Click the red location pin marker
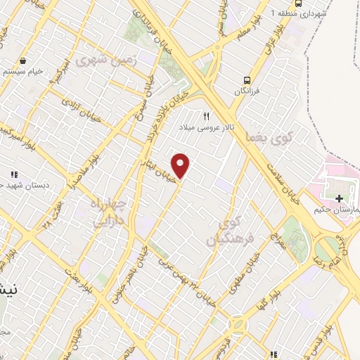(181, 165)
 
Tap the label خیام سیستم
(24, 72)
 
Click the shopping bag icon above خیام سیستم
(24, 60)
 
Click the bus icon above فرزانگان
(247, 80)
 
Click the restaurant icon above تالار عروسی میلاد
(207, 117)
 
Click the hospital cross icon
(340, 200)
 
